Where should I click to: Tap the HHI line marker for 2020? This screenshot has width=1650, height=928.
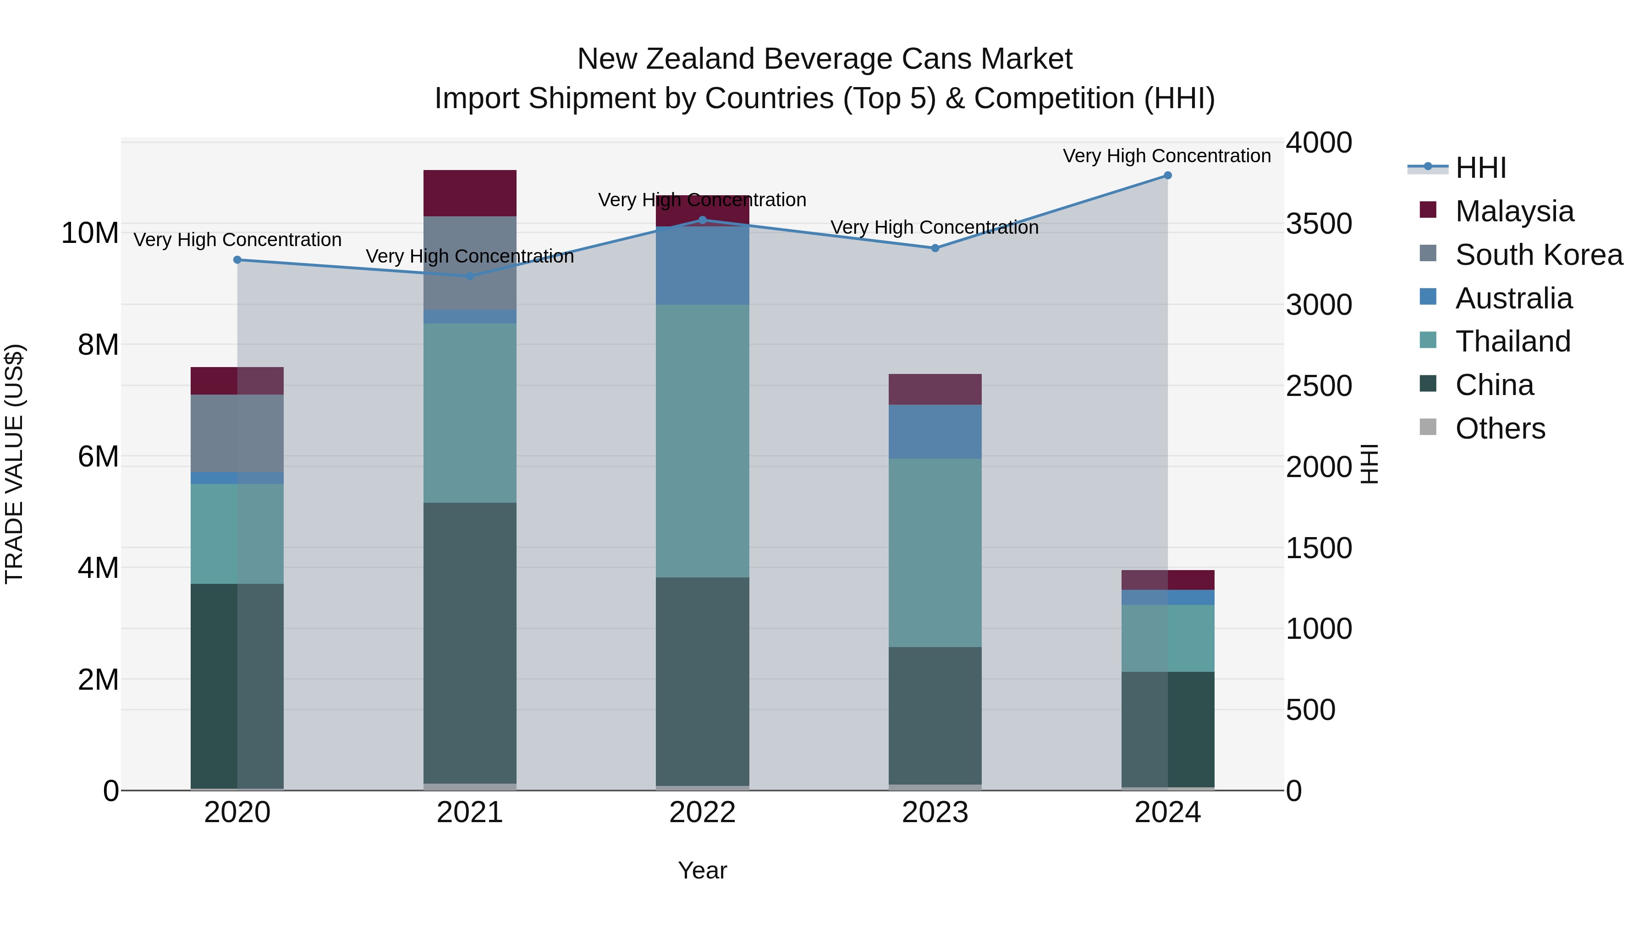237,260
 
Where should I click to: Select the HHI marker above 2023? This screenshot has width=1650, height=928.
935,248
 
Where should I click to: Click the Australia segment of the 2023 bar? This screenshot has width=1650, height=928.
935,432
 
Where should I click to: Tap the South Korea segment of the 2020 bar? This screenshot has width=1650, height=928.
237,433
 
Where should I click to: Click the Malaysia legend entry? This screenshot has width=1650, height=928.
1513,211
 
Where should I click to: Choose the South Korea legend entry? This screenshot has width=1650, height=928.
1537,255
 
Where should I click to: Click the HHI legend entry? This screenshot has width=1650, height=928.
1479,168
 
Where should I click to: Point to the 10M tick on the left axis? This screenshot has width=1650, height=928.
90,233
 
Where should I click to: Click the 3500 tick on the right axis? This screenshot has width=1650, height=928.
1319,224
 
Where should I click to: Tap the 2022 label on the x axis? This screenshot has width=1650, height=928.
702,813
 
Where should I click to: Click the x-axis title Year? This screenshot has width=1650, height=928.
702,870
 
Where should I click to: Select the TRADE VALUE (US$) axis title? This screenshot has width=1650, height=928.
14,464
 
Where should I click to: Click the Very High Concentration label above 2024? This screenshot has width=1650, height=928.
1166,156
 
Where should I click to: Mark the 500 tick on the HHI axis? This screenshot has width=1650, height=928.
1310,709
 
